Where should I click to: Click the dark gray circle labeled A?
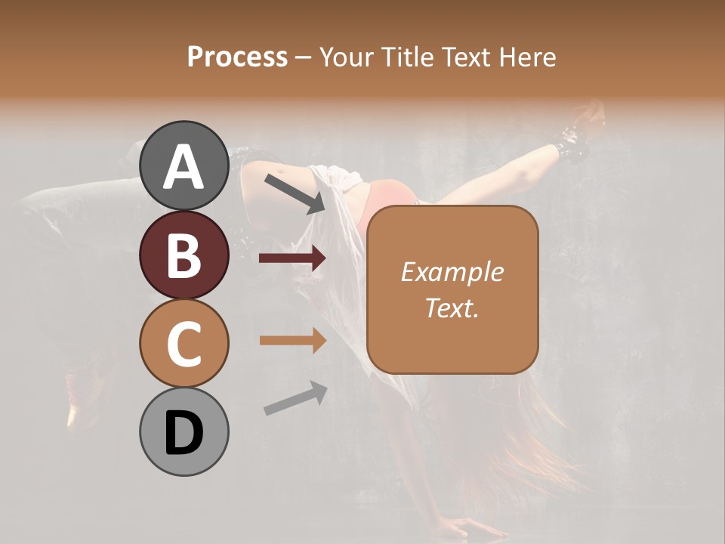[184, 166]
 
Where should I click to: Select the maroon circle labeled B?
[184, 255]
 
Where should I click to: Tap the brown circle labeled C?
[184, 344]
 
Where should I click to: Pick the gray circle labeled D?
[184, 432]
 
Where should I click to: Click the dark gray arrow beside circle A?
[295, 193]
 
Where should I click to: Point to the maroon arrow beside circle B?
[292, 258]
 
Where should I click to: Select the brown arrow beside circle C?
[292, 340]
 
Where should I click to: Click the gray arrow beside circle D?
[295, 399]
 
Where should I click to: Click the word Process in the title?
[237, 57]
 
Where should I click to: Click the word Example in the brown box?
[452, 272]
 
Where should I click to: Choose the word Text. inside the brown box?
[452, 308]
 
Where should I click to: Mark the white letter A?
[184, 167]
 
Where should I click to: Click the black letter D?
[184, 433]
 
